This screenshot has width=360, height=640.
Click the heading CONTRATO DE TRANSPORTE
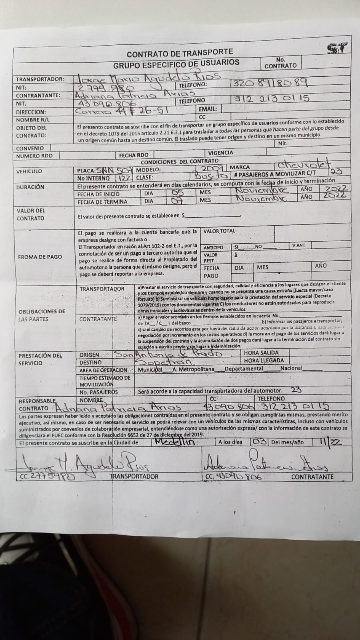[x=180, y=52]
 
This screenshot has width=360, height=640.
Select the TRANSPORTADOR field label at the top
[x=40, y=79]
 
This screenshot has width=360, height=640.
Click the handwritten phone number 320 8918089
[x=270, y=83]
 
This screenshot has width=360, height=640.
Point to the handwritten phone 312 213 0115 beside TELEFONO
[x=270, y=98]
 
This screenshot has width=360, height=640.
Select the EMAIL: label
[x=208, y=109]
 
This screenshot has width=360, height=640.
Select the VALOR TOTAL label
[x=219, y=231]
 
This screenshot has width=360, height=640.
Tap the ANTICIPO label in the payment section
[x=214, y=247]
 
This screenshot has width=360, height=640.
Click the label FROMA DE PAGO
[x=40, y=257]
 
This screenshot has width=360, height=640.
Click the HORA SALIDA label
[x=261, y=353]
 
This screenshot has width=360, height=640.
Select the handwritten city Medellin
[x=174, y=442]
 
